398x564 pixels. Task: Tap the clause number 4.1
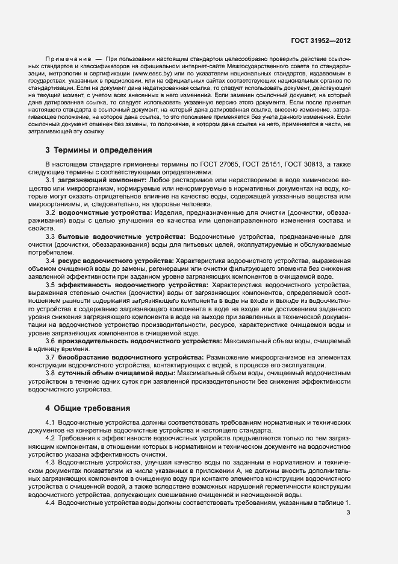pos(51,423)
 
